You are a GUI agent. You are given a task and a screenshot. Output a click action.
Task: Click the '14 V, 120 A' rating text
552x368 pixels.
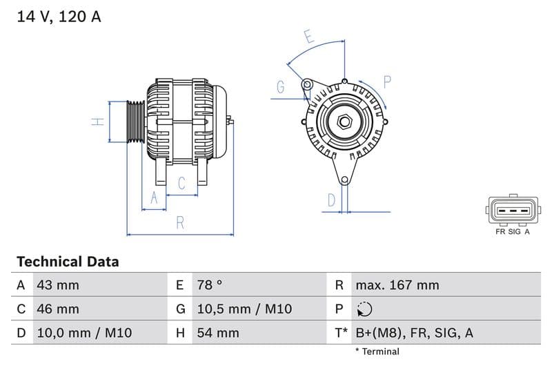click(59, 17)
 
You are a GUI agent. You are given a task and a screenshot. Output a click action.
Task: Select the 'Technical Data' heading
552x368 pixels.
click(68, 262)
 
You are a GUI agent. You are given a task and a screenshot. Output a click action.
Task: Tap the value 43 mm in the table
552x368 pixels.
click(57, 285)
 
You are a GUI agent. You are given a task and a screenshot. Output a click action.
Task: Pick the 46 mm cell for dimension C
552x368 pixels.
click(57, 309)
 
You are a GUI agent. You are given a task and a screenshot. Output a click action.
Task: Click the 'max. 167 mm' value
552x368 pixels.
click(397, 285)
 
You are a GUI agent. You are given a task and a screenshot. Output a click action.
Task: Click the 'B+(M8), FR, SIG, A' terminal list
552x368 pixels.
click(414, 333)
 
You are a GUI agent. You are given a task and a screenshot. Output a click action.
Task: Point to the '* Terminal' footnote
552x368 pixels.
click(377, 351)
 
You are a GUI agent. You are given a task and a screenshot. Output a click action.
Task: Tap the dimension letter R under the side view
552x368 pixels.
click(179, 222)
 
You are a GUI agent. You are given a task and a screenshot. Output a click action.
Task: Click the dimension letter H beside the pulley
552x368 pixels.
click(99, 122)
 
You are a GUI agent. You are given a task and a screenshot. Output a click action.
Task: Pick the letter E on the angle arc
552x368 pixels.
click(309, 37)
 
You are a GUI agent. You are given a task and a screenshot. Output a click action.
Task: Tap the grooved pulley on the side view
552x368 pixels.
click(135, 122)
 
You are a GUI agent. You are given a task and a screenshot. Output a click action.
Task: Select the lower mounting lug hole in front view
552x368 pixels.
click(344, 180)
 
